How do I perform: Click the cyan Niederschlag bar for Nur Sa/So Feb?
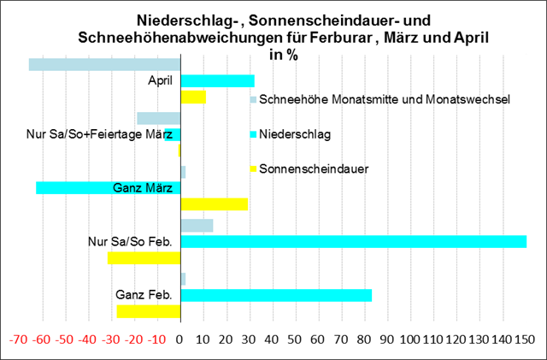coord(353,242)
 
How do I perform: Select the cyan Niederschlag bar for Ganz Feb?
coord(276,296)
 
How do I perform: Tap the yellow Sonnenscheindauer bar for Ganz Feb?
coord(149,311)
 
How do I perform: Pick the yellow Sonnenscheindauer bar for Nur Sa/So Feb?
coord(144,257)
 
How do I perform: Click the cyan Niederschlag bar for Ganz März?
coord(108,188)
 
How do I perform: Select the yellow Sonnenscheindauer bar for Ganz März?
coord(214,204)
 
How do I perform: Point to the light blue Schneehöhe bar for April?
coord(104,64)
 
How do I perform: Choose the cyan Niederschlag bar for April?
coord(217,80)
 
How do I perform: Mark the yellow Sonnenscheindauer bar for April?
coord(193,97)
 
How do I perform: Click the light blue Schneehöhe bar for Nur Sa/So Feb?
coord(197,226)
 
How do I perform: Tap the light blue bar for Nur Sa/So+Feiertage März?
coord(158,119)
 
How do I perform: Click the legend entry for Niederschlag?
coord(296,134)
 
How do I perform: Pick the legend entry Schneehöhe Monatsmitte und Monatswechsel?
coord(385,100)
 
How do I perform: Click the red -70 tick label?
coord(18,339)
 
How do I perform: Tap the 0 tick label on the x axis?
coord(180,339)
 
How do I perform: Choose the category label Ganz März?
coord(143,188)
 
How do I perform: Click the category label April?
coord(160,80)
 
